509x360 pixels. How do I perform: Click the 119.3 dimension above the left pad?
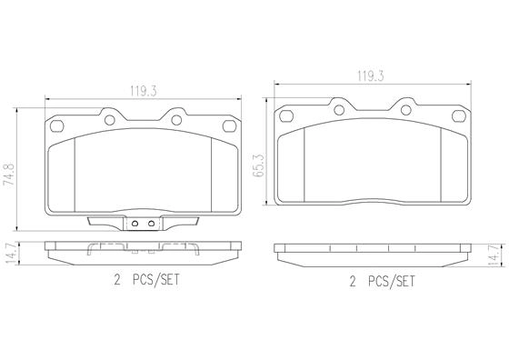tap(144, 91)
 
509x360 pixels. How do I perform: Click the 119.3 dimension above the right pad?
tap(371, 76)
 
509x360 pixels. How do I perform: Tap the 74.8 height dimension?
tap(9, 175)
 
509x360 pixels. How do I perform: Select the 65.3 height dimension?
tap(259, 165)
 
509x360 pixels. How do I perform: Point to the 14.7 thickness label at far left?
tap(11, 253)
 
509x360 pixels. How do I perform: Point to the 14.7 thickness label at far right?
tap(494, 256)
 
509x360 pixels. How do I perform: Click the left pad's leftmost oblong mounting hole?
tap(57, 126)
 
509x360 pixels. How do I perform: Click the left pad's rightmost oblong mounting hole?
tap(229, 126)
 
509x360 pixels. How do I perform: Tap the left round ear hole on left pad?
tap(110, 120)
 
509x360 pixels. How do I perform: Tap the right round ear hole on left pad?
tap(176, 120)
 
